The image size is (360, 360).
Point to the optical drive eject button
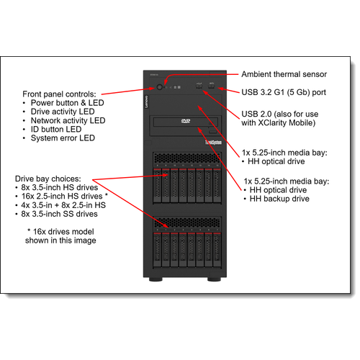click(211, 131)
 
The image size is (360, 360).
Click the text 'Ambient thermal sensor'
click(284, 74)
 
